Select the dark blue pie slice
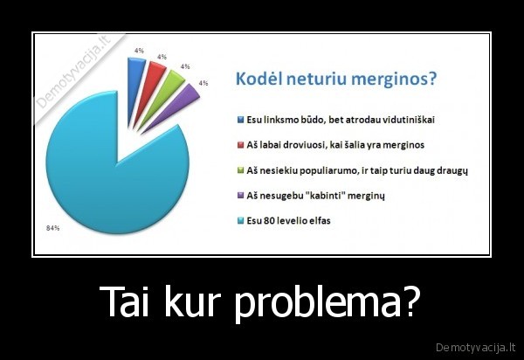[x=134, y=69]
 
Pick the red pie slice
[x=154, y=74]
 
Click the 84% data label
[x=52, y=228]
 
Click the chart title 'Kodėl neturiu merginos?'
[x=336, y=80]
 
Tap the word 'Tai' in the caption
[x=128, y=302]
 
